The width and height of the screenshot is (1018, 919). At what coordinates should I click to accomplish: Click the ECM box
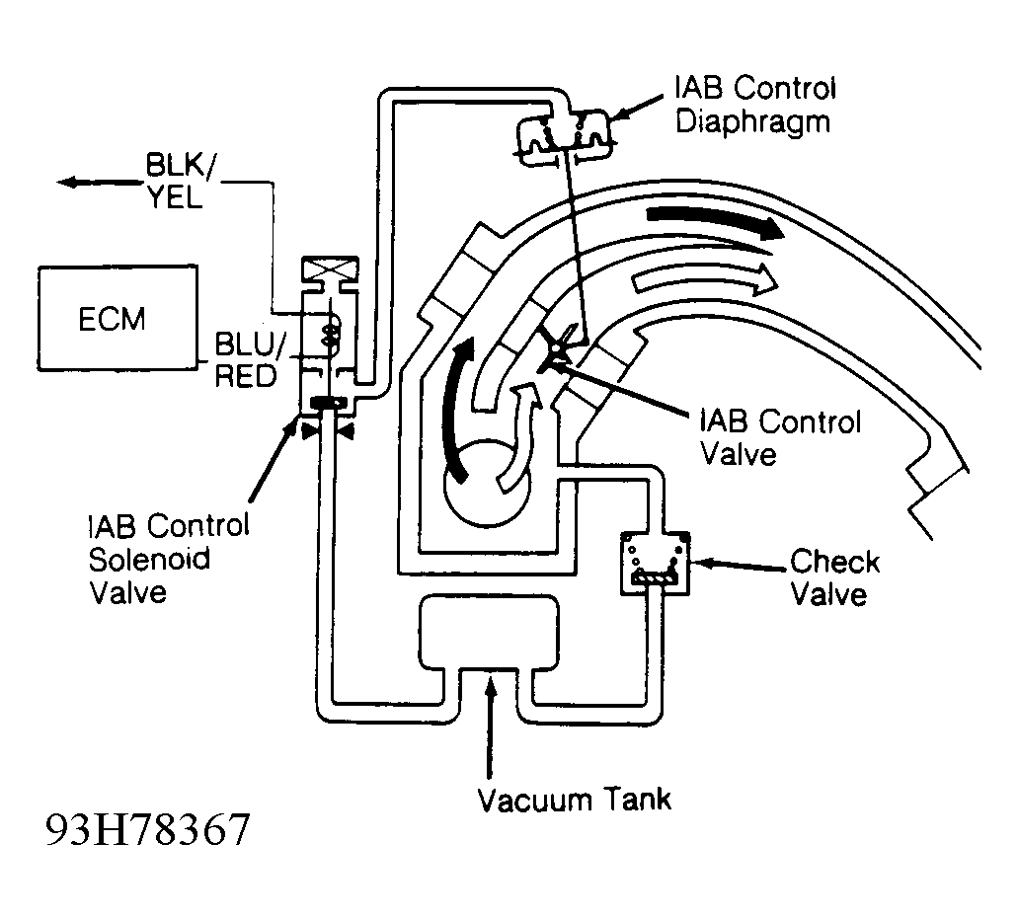(x=117, y=318)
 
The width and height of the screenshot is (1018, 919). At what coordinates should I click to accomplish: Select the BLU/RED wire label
(x=248, y=359)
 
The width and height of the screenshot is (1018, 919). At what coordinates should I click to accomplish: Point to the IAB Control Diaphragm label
(x=755, y=106)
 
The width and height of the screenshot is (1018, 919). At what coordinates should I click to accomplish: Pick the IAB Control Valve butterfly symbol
(x=557, y=351)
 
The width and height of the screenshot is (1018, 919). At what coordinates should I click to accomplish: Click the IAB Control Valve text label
(x=780, y=437)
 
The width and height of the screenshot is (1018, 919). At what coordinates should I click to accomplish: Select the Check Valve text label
(x=834, y=577)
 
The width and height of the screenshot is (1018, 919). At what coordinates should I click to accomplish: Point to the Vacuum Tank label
(x=575, y=799)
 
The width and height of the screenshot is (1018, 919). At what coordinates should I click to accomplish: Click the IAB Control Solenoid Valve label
(x=168, y=558)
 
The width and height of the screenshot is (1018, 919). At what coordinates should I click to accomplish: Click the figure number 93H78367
(x=147, y=829)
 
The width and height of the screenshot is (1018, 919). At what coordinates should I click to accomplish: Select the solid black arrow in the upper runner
(x=716, y=223)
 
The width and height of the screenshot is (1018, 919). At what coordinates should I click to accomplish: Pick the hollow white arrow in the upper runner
(x=704, y=279)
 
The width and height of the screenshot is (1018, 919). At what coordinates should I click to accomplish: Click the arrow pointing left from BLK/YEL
(x=98, y=183)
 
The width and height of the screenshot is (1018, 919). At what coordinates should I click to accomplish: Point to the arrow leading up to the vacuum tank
(x=490, y=726)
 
